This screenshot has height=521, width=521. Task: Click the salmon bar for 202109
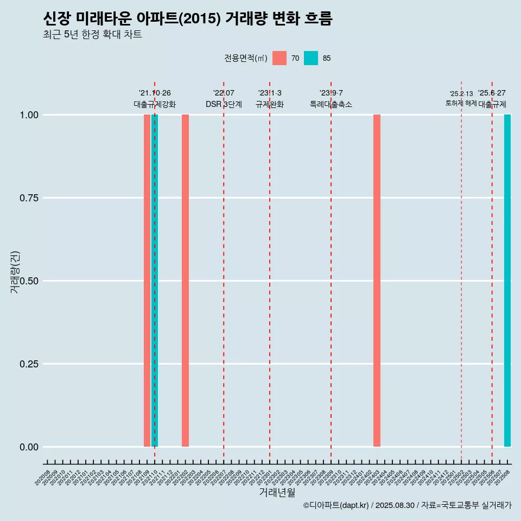[147, 281]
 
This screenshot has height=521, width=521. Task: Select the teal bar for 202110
[155, 281]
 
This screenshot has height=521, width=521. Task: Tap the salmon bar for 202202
[185, 281]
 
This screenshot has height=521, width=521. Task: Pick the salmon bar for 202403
[377, 281]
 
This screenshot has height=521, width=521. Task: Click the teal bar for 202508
[507, 281]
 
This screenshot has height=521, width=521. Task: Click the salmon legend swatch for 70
[279, 58]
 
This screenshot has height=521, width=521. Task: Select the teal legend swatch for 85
[311, 58]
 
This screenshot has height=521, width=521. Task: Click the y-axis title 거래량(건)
[15, 272]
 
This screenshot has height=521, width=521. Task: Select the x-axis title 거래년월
[277, 493]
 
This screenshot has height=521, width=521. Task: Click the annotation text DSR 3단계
[224, 104]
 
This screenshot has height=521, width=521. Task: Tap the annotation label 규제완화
[270, 104]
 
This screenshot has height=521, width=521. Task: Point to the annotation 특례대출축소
[331, 104]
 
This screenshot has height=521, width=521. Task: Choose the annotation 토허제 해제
[461, 103]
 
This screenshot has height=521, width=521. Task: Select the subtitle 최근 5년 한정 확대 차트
[92, 35]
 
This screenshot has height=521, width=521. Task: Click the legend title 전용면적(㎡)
[246, 59]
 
